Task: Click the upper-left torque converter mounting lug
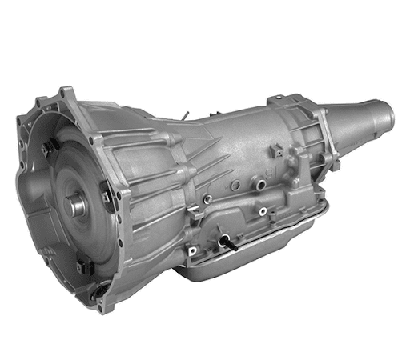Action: point(48,143)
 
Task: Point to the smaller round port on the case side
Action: point(262,212)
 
